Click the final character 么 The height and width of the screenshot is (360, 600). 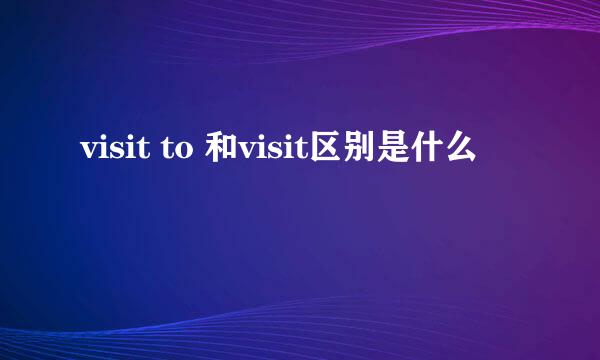tap(467, 151)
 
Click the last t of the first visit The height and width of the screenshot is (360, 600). tap(144, 152)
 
